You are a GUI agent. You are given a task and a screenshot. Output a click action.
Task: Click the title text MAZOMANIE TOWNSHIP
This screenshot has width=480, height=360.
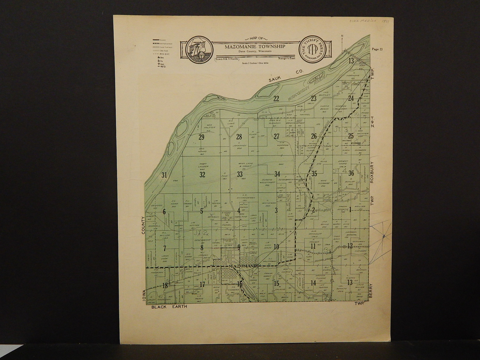256,46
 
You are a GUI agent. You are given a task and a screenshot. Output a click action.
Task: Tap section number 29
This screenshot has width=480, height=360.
201,137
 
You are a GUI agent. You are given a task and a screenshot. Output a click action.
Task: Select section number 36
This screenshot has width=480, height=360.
352,173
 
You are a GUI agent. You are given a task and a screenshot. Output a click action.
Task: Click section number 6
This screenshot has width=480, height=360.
164,211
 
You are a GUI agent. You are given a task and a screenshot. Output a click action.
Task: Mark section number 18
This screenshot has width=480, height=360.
165,286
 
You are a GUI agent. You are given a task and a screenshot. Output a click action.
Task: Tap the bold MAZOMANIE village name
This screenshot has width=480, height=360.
243,266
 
